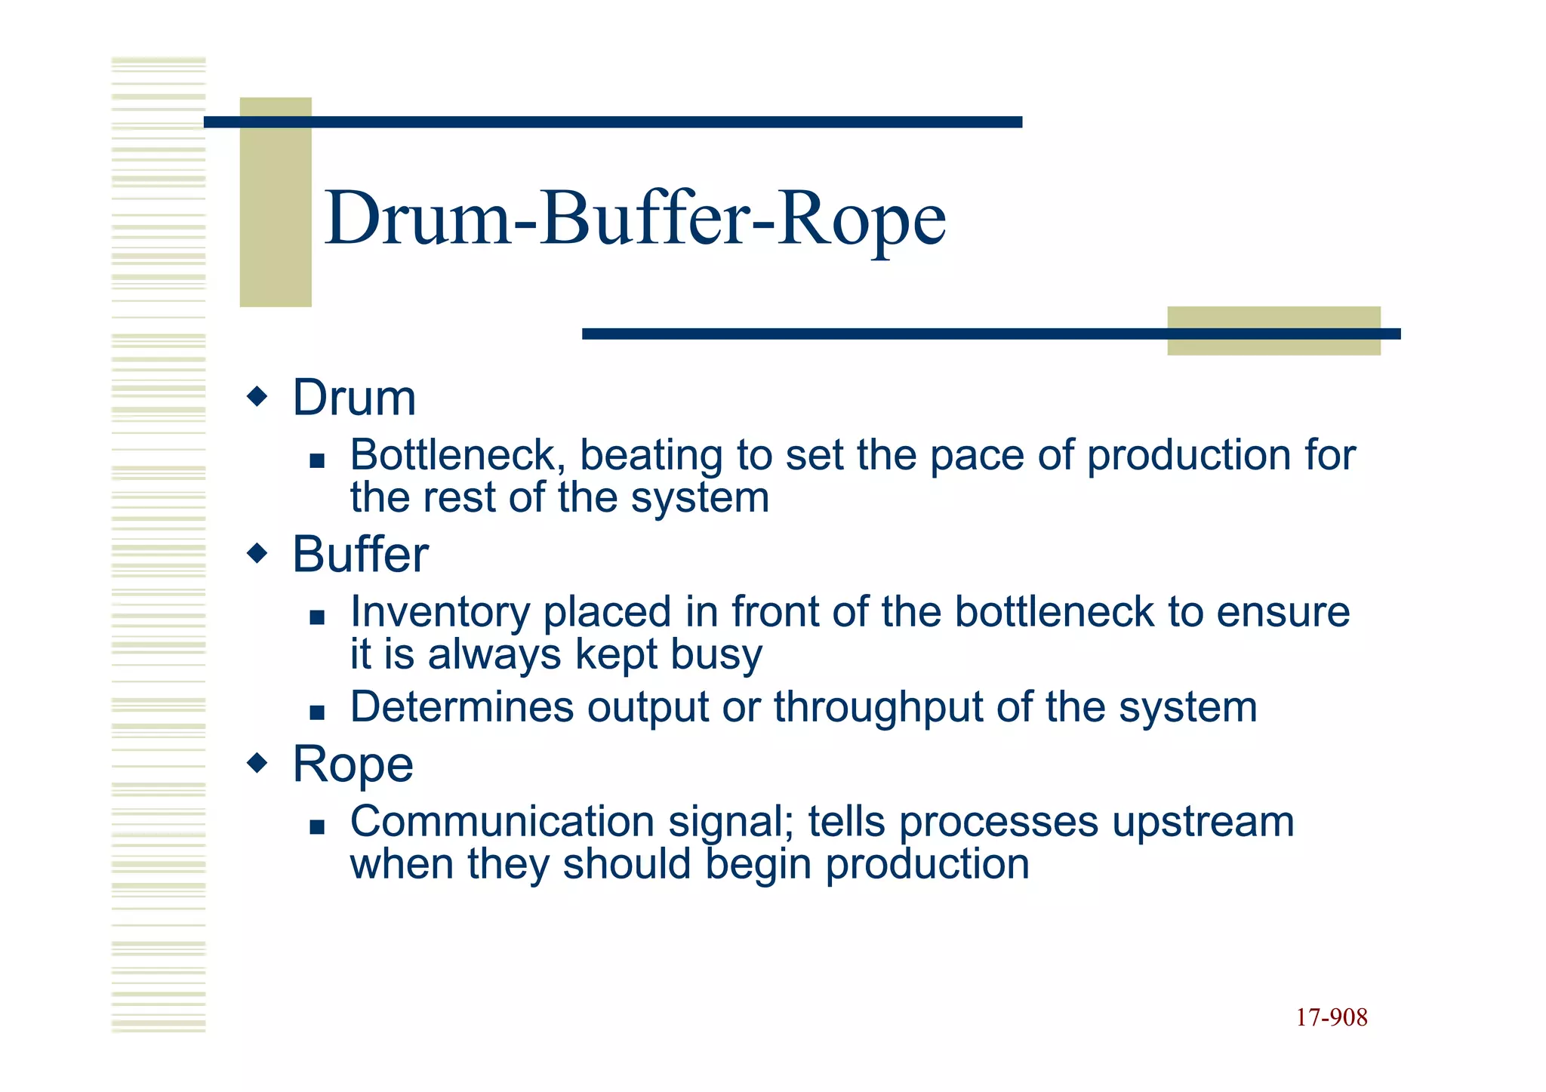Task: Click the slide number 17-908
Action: tap(1331, 1017)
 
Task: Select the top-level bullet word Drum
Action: tap(354, 398)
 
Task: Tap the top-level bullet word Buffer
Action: tap(360, 555)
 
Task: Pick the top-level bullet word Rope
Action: tap(353, 764)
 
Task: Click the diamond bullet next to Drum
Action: tap(257, 396)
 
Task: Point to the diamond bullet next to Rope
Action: tap(257, 763)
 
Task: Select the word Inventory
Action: tap(439, 612)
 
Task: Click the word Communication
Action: tap(501, 822)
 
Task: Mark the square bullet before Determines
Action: tap(317, 712)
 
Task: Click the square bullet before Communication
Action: tap(317, 827)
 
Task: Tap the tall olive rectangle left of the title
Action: tap(276, 202)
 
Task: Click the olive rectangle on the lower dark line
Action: tap(1273, 331)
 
